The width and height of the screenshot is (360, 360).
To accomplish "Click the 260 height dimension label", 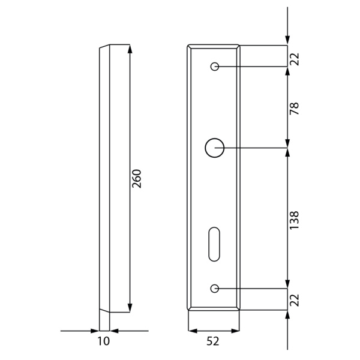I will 137,179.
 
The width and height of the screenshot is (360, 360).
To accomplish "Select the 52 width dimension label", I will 212,341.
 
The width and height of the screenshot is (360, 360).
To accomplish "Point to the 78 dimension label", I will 294,108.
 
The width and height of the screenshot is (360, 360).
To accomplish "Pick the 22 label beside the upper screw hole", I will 294,58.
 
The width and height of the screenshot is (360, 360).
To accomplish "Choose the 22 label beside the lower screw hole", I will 294,300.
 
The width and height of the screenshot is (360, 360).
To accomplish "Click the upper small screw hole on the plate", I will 214,67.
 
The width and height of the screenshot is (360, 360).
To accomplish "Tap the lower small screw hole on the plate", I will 214,289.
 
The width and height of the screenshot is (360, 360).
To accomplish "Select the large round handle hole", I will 214,148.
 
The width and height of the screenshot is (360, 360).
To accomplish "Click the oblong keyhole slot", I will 214,244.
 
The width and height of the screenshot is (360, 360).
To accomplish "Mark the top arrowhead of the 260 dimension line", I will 129,49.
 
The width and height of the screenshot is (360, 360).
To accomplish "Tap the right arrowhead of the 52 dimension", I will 235,330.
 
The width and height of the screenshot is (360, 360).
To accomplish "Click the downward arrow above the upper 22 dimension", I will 287,41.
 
